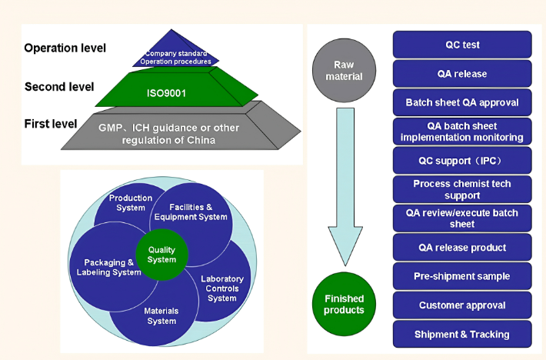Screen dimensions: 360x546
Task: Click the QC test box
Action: click(x=462, y=45)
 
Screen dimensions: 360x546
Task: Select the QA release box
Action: click(x=462, y=74)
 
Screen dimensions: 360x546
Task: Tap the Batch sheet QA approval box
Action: click(x=462, y=102)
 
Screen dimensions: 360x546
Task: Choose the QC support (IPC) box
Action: click(x=462, y=161)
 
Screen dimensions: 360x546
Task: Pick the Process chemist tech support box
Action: click(x=462, y=189)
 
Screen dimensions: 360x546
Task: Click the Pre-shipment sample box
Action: click(x=462, y=276)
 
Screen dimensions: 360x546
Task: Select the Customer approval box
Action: click(x=462, y=305)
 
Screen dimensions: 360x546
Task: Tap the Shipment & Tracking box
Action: click(x=462, y=334)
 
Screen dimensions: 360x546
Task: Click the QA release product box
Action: click(x=462, y=248)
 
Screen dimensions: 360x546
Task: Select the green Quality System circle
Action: click(x=161, y=255)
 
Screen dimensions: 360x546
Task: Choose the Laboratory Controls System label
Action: click(x=222, y=288)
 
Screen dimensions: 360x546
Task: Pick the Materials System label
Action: click(x=161, y=315)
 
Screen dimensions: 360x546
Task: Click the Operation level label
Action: click(x=65, y=48)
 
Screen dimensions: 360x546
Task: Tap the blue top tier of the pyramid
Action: click(x=178, y=54)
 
